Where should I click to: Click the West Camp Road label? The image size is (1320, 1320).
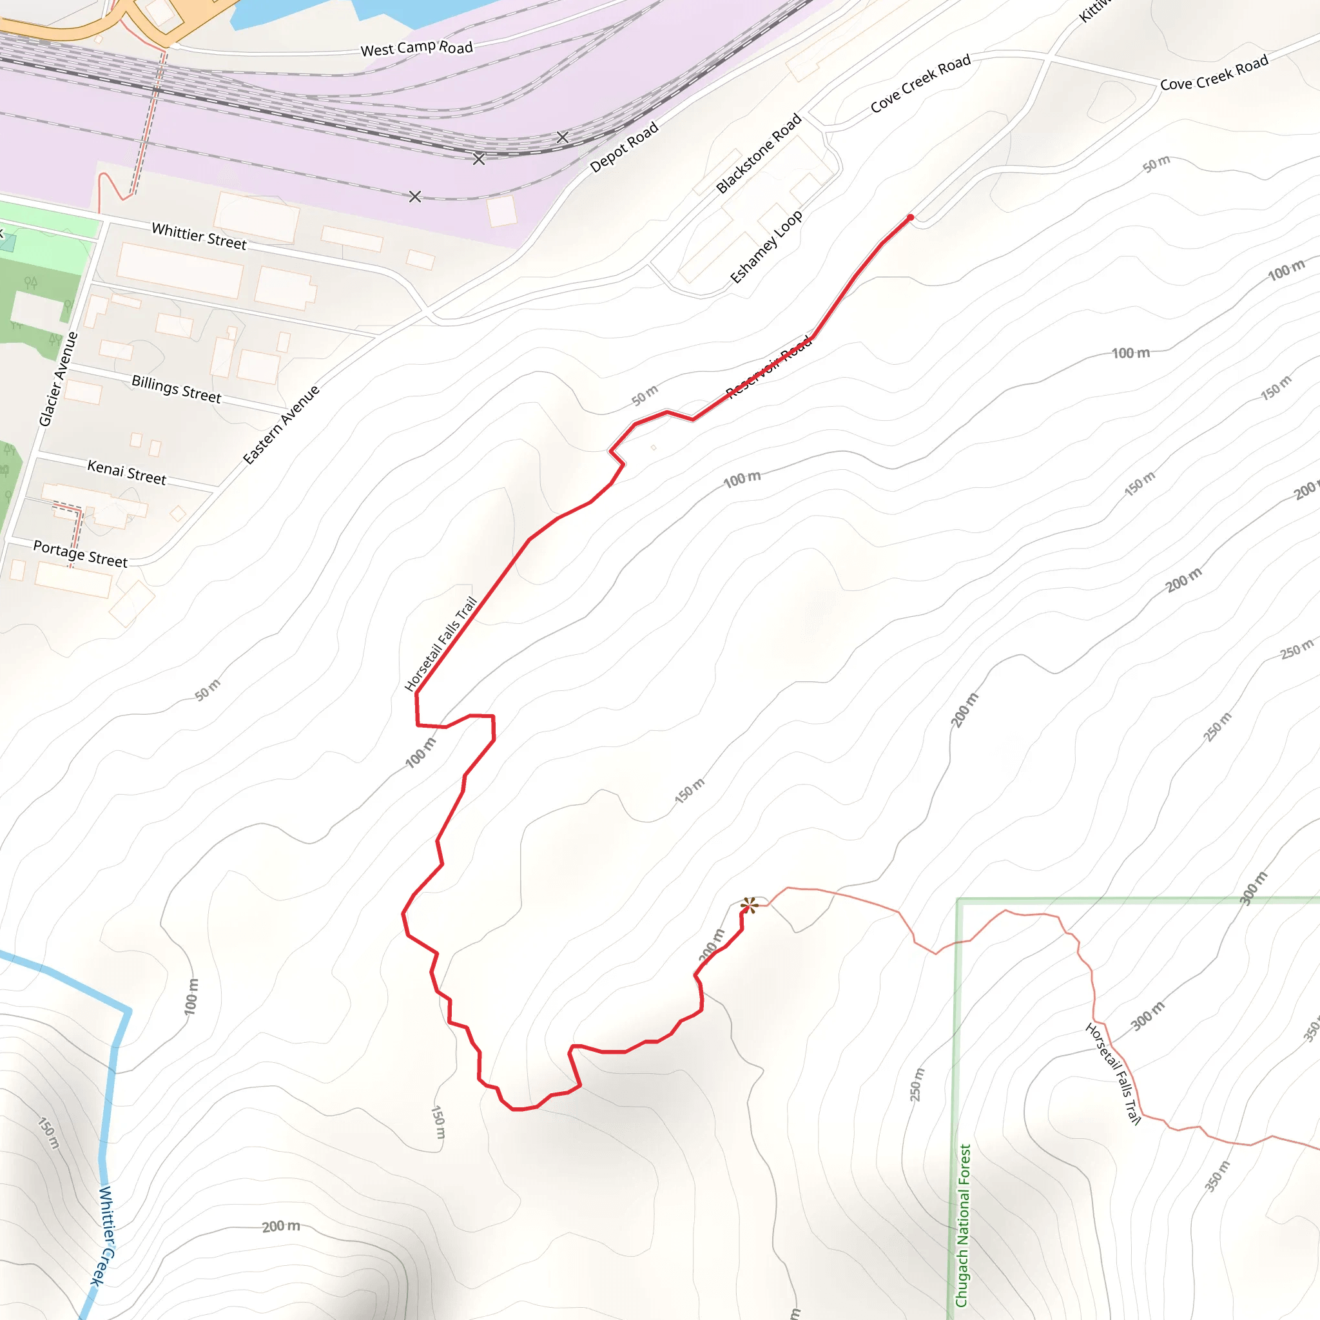pyautogui.click(x=416, y=48)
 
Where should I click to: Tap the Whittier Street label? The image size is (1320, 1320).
pyautogui.click(x=199, y=236)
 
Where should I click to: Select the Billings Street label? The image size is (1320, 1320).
pyautogui.click(x=176, y=389)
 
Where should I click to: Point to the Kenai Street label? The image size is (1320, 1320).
pyautogui.click(x=126, y=472)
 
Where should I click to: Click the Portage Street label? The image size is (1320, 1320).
pyautogui.click(x=80, y=554)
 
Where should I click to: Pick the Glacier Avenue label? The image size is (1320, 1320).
pyautogui.click(x=59, y=379)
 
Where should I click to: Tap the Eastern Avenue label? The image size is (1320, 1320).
pyautogui.click(x=281, y=424)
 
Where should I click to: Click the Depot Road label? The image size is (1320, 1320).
pyautogui.click(x=624, y=146)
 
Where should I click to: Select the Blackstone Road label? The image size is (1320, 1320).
pyautogui.click(x=759, y=154)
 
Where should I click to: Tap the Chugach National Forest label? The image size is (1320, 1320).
pyautogui.click(x=963, y=1227)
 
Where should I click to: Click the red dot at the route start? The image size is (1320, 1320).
pyautogui.click(x=910, y=218)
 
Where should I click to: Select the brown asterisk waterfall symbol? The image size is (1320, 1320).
pyautogui.click(x=749, y=906)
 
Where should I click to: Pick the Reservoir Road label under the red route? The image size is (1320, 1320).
pyautogui.click(x=769, y=367)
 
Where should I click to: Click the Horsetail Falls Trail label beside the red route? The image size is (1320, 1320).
pyautogui.click(x=441, y=644)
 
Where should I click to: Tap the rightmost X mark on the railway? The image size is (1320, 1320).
pyautogui.click(x=562, y=137)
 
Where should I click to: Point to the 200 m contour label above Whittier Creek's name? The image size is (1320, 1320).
pyautogui.click(x=281, y=1226)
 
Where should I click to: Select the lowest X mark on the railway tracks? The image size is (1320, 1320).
pyautogui.click(x=414, y=197)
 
